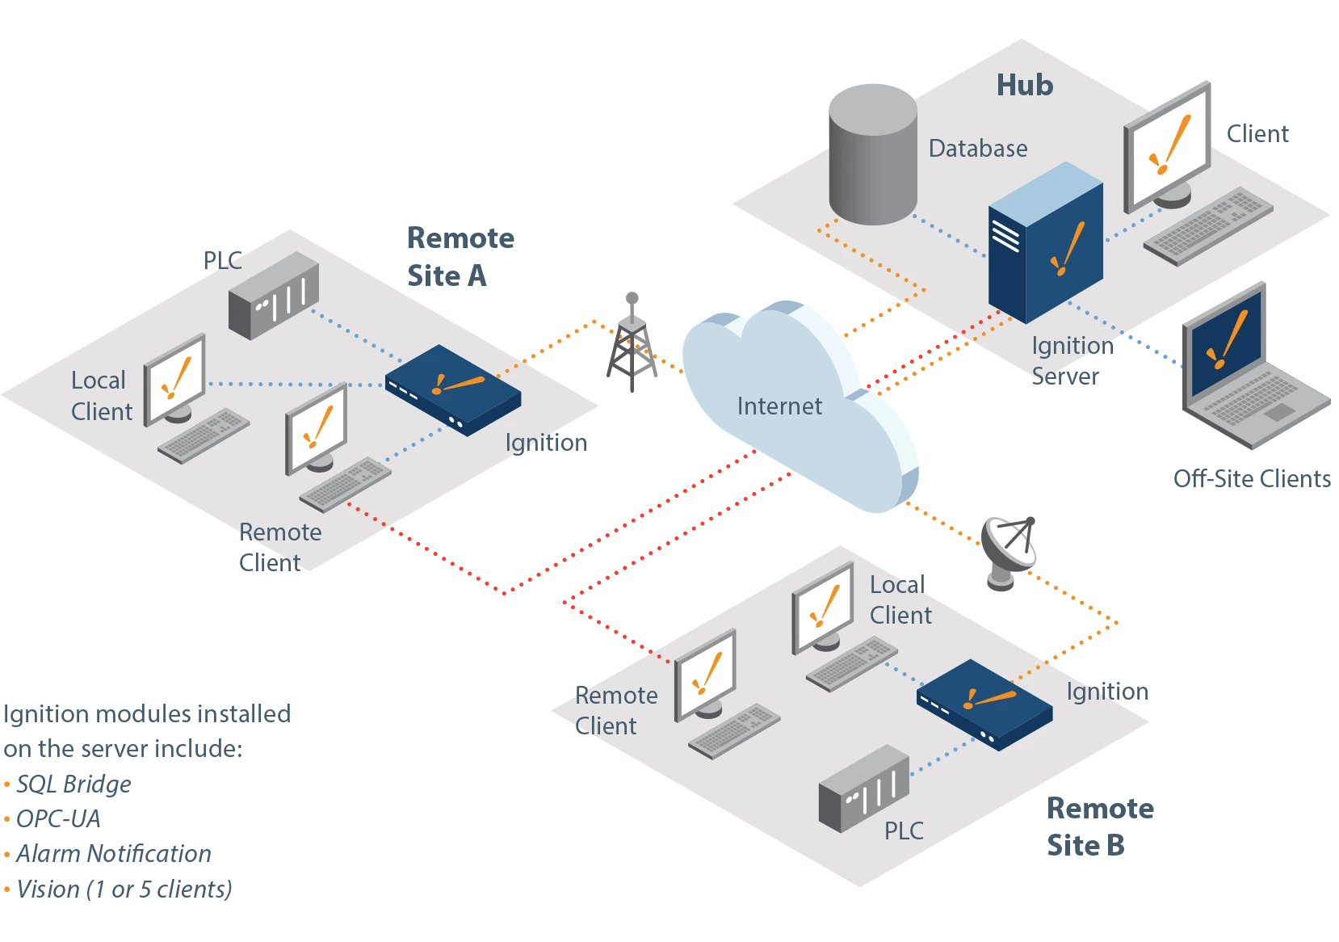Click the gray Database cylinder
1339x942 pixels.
873,154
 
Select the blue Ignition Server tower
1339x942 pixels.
1046,242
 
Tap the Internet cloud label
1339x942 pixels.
779,406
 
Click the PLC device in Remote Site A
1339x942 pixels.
274,295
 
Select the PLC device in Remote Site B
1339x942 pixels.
864,789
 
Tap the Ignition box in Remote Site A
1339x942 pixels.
453,390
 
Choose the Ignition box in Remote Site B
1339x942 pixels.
984,704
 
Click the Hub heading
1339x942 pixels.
1025,85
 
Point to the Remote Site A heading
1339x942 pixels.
460,257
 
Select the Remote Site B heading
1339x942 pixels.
1101,826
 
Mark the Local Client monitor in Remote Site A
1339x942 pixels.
175,381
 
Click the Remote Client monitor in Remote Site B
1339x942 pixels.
706,676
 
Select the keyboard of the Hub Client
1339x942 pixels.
1208,226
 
